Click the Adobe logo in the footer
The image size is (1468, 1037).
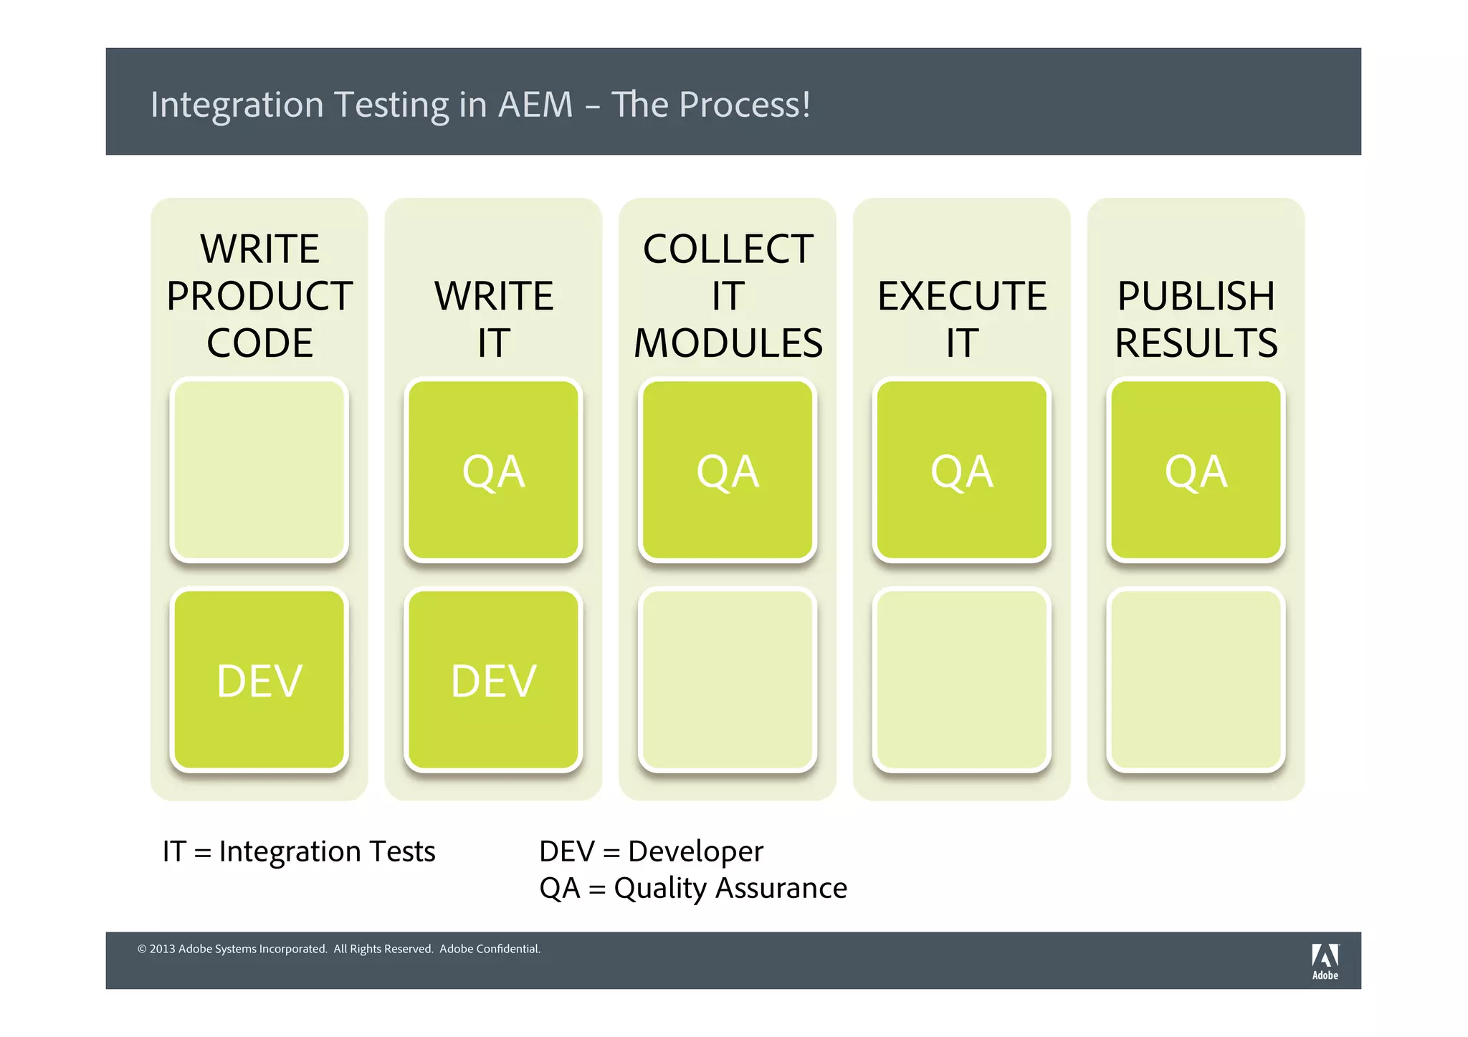coord(1325,961)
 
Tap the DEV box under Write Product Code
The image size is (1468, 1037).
coord(259,680)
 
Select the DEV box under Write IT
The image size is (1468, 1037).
coord(493,680)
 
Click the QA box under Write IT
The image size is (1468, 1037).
coord(493,470)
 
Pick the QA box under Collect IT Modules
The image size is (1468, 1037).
coord(728,470)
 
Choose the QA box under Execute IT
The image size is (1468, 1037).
coord(962,470)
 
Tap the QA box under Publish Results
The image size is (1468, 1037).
coord(1196,470)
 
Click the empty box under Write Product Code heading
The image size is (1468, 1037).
coord(259,470)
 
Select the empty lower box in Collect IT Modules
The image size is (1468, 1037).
coord(728,680)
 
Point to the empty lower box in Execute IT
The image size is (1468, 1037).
coord(962,680)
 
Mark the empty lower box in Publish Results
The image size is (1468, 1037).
coord(1196,680)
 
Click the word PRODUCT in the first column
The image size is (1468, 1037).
coord(259,296)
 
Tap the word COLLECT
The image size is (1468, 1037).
coord(728,249)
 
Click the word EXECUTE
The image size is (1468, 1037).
coord(962,296)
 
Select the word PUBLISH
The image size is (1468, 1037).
coord(1196,296)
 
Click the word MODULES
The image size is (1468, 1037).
coord(728,343)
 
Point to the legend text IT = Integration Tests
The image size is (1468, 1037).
coord(299,851)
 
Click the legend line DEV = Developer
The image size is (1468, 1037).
coord(651,851)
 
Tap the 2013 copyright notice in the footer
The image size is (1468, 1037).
coord(338,949)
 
